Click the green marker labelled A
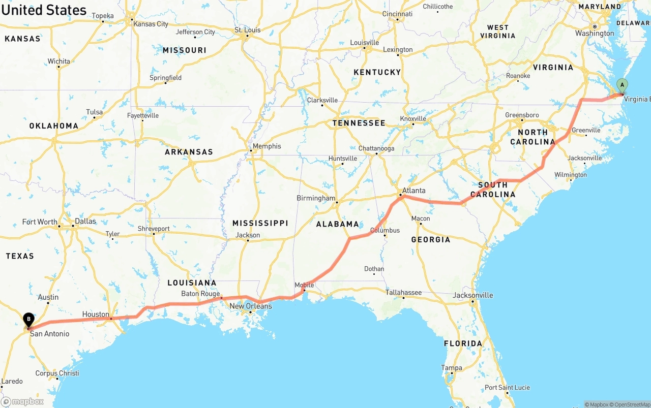point(622,85)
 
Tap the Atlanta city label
point(414,191)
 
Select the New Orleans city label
point(251,306)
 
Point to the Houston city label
point(96,315)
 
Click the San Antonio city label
point(49,334)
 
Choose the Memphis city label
point(267,146)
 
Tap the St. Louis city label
point(248,30)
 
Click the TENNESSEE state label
point(359,123)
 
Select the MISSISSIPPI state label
point(260,223)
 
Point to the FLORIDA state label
point(463,343)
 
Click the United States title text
point(44,10)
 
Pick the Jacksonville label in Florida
point(473,295)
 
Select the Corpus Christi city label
point(57,373)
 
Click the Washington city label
point(595,34)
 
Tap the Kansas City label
point(151,24)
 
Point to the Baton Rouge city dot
point(221,297)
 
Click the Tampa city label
point(452,368)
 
